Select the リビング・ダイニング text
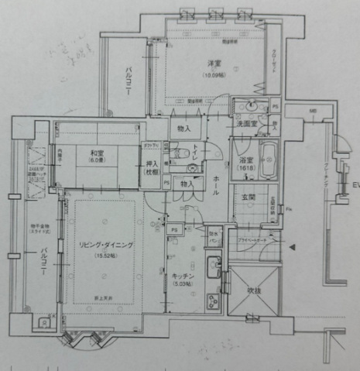[x=101, y=245]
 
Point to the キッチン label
[x=183, y=277]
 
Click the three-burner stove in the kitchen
[x=213, y=301]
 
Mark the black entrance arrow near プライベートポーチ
[x=291, y=247]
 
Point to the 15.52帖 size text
[x=101, y=256]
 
